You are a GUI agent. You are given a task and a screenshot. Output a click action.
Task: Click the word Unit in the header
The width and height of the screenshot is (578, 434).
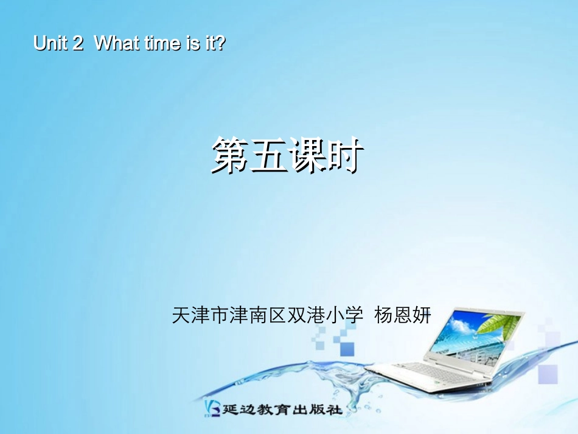[50, 44]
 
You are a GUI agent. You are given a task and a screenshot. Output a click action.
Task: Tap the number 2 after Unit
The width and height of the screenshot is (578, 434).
[77, 44]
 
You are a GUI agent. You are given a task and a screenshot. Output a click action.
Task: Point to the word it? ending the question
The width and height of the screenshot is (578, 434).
[213, 44]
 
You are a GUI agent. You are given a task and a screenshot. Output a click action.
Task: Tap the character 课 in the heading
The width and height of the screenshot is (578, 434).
[307, 155]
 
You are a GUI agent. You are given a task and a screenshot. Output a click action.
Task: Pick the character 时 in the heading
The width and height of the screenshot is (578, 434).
[345, 155]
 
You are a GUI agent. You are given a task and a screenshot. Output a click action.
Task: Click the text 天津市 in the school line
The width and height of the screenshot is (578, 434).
[199, 315]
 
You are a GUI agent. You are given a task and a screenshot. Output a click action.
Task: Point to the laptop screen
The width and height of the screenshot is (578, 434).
[468, 338]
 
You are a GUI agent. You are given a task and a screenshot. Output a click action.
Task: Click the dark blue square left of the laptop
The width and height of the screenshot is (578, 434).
[347, 348]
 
